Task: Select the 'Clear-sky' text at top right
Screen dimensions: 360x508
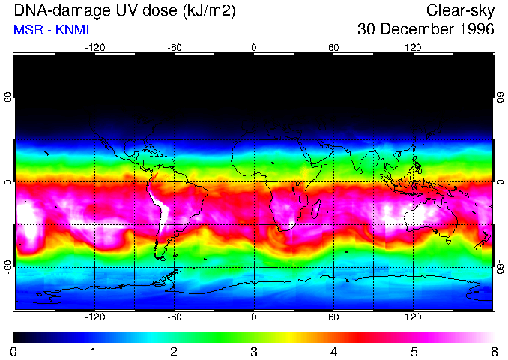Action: pos(460,11)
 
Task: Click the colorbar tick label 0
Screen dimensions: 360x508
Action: pos(14,351)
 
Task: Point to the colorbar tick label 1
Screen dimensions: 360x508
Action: pos(94,351)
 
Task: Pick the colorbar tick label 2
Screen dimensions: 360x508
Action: pos(174,351)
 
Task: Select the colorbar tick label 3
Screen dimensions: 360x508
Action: pos(254,351)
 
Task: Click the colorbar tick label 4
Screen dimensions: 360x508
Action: pos(333,351)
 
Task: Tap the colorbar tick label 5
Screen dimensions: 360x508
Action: pos(414,351)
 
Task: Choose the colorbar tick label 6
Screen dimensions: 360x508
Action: pos(493,351)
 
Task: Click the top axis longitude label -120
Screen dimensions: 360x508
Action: pos(94,47)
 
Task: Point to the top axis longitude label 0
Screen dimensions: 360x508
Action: pos(254,47)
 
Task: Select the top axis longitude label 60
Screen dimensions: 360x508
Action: pos(333,47)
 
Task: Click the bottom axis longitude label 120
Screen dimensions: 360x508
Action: pos(414,316)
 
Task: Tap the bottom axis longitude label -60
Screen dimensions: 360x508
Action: pos(174,316)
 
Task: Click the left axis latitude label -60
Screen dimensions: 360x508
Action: pos(8,266)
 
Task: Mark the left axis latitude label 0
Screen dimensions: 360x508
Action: pos(8,182)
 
